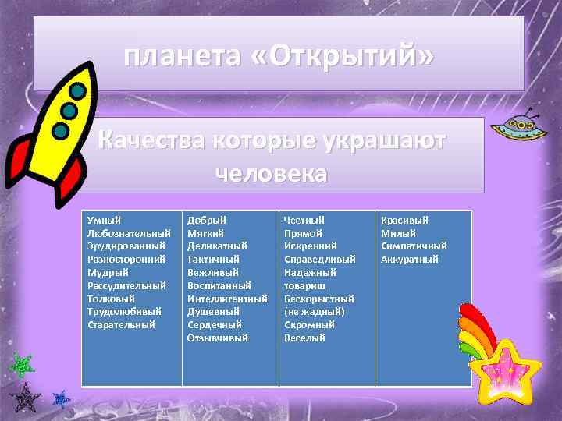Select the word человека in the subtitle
coord(271,172)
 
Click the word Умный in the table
coord(104,221)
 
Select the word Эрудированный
coord(126,246)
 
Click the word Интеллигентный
coord(227,299)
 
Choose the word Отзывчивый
coord(217,338)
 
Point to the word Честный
coord(304,221)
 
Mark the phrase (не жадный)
coord(314,311)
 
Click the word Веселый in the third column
coord(304,338)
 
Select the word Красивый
coord(404,221)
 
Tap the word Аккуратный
coord(409,260)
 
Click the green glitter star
coord(23,364)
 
